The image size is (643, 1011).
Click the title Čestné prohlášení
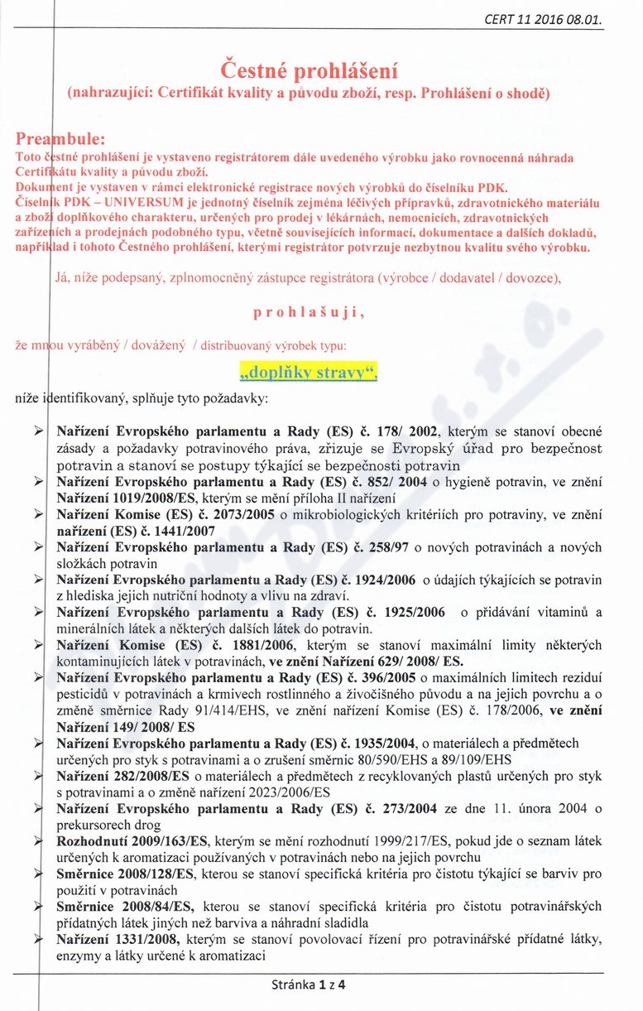pos(309,67)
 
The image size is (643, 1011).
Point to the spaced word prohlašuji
pos(308,313)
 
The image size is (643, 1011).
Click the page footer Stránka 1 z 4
pos(308,985)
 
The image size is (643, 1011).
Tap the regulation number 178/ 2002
pos(411,431)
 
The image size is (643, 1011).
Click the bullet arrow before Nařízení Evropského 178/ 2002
pos(39,431)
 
